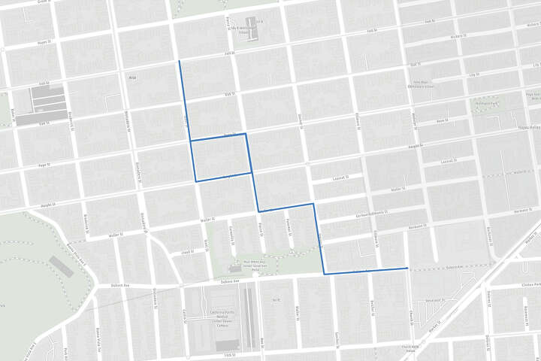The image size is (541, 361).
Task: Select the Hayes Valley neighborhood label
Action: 530,127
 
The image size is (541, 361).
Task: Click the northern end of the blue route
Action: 179,61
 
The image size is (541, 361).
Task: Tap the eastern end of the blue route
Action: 407,268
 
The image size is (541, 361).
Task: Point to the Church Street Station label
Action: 410,347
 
